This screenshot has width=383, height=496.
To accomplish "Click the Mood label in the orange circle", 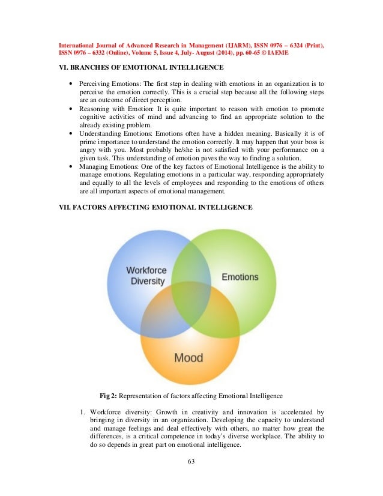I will click(188, 358).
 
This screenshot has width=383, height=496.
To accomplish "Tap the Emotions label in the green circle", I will click(240, 277).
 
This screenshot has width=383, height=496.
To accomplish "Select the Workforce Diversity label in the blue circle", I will click(146, 276).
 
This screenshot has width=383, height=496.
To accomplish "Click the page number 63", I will click(191, 462).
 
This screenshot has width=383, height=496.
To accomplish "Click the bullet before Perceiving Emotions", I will click(72, 82).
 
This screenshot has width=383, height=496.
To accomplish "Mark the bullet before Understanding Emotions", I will click(72, 136).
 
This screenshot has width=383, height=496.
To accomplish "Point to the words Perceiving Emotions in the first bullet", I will click(111, 82).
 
